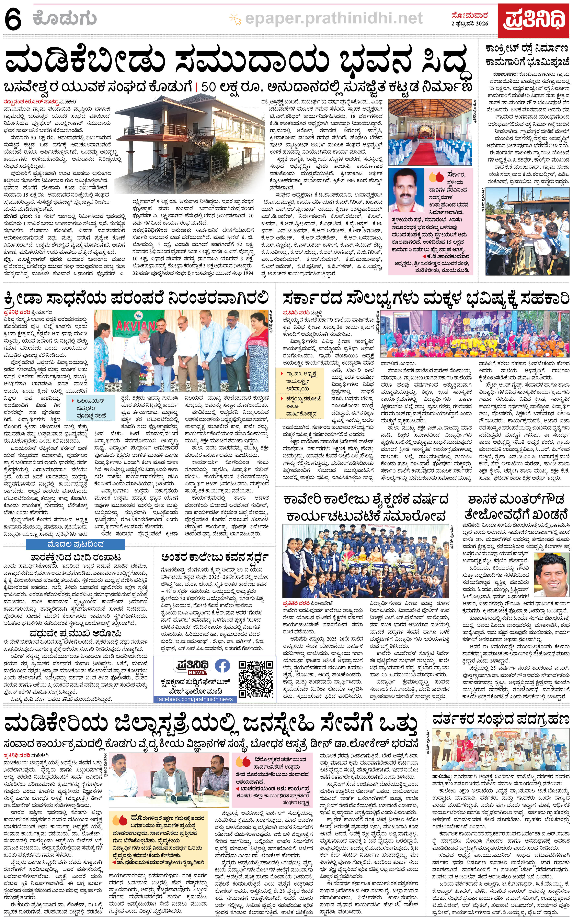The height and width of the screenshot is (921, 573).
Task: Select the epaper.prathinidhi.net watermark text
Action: point(333,18)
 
